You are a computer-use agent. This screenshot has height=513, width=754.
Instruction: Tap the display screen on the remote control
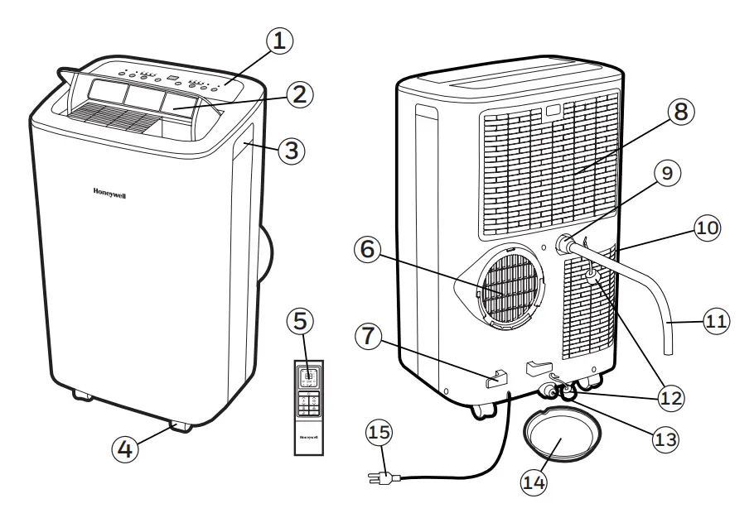point(307,376)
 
